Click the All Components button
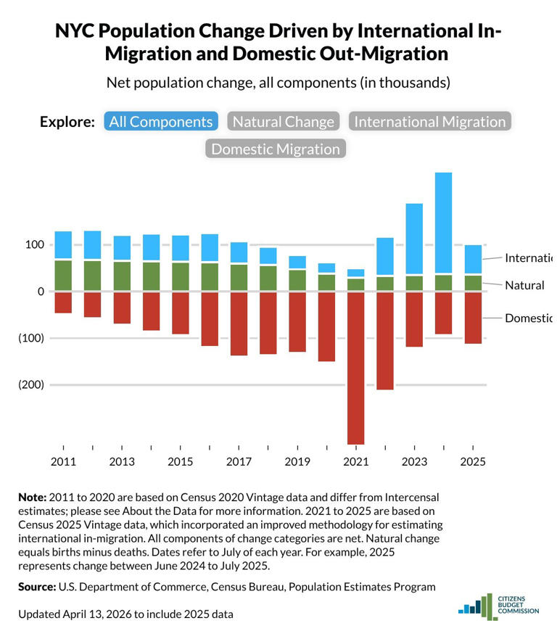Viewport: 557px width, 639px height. click(161, 122)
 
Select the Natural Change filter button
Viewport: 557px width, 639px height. click(284, 122)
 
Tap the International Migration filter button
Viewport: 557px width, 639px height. click(429, 122)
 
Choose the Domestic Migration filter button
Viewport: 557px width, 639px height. click(275, 149)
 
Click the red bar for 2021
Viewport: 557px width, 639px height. click(355, 367)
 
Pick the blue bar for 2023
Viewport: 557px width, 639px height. click(414, 239)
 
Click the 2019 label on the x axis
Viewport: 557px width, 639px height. click(297, 462)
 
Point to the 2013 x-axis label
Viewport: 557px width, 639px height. click(122, 462)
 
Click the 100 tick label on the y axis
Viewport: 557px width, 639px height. click(34, 245)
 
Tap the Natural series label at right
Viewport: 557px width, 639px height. click(524, 285)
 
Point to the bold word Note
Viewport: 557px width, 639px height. click(31, 498)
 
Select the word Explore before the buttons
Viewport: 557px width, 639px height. click(67, 122)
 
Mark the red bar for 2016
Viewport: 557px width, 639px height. click(210, 318)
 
